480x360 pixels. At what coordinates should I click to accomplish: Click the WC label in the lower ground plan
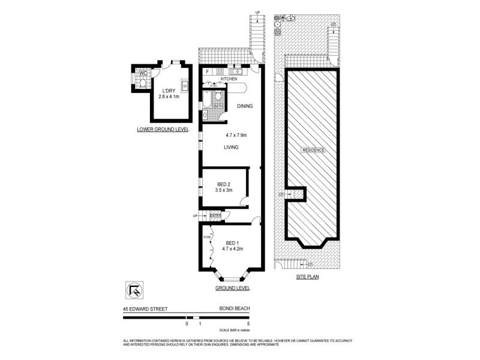pos(143,74)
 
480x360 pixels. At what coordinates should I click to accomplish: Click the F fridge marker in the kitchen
pos(207,72)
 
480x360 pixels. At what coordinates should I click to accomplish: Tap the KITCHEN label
pos(229,79)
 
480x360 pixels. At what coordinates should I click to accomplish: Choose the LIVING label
pos(232,147)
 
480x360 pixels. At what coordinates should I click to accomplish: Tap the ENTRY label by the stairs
pos(215,215)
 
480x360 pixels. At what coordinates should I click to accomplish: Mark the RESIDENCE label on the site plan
pos(312,150)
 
